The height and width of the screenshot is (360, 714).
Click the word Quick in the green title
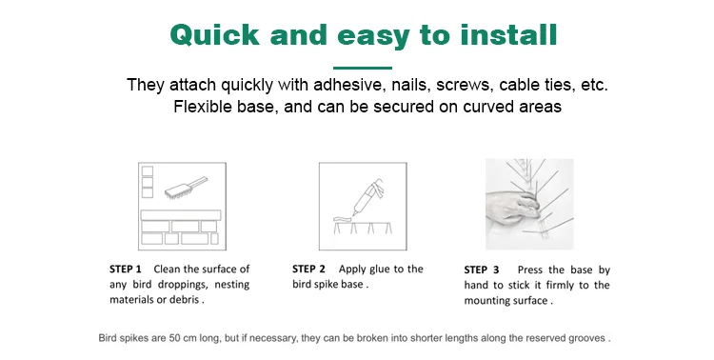point(214,35)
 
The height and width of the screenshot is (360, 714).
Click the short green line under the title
point(363,68)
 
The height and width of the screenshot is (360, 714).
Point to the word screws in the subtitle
point(463,85)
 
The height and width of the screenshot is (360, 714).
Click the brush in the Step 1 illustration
point(186,187)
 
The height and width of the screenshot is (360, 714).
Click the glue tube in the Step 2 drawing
point(367,196)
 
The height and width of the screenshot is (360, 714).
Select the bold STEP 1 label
point(126,270)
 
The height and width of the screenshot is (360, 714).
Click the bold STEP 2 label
point(308,270)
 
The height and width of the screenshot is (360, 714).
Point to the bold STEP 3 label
point(482,270)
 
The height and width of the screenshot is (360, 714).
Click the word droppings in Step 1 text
point(181,285)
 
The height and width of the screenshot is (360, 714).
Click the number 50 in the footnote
point(175,338)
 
